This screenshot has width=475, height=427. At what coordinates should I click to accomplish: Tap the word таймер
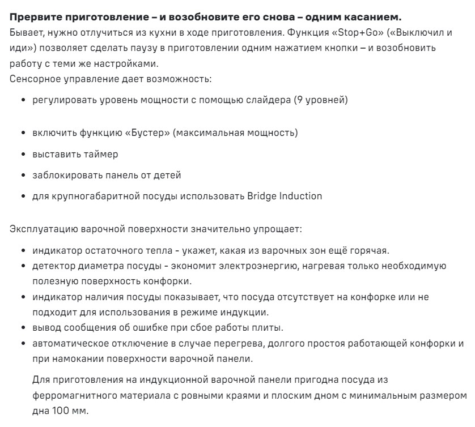coord(103,154)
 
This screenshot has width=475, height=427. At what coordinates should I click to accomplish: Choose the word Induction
coord(301,197)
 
